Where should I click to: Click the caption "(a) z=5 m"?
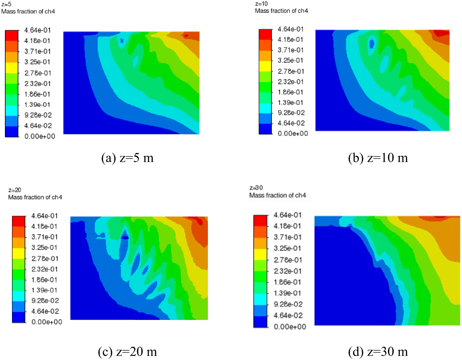pyautogui.click(x=127, y=158)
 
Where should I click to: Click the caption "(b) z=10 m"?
pyautogui.click(x=378, y=158)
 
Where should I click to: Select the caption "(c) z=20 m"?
pyautogui.click(x=127, y=351)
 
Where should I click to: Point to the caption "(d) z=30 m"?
pyautogui.click(x=378, y=351)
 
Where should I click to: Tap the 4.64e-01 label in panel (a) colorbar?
pyautogui.click(x=38, y=30)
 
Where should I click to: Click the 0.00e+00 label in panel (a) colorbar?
pyautogui.click(x=40, y=136)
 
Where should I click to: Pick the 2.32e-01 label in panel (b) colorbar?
pyautogui.click(x=291, y=82)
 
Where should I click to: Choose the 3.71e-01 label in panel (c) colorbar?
pyautogui.click(x=45, y=237)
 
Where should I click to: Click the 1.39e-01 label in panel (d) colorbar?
pyautogui.click(x=287, y=293)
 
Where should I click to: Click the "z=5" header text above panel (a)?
pyautogui.click(x=6, y=4)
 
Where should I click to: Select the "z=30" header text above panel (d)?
pyautogui.click(x=256, y=188)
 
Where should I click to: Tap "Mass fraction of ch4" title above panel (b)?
pyautogui.click(x=282, y=11)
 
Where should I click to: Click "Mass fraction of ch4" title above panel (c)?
pyautogui.click(x=35, y=197)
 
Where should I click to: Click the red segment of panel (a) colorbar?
pyautogui.click(x=12, y=35)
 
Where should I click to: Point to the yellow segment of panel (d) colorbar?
pyautogui.click(x=260, y=254)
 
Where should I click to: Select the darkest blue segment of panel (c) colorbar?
pyautogui.click(x=18, y=317)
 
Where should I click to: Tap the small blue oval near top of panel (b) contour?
pyautogui.click(x=372, y=43)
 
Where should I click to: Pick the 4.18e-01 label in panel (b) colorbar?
pyautogui.click(x=291, y=39)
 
